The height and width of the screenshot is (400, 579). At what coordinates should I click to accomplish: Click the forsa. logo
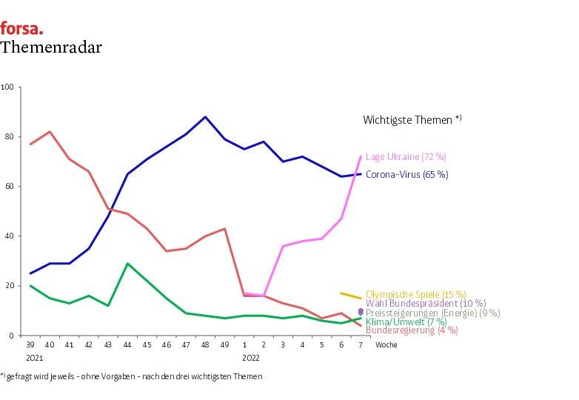pyautogui.click(x=21, y=29)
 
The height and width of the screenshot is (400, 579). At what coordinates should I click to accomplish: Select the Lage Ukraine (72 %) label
pyautogui.click(x=406, y=157)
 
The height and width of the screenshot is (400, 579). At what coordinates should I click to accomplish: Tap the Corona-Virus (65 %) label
pyautogui.click(x=406, y=175)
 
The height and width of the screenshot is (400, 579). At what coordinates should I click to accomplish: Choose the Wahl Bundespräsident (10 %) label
pyautogui.click(x=426, y=304)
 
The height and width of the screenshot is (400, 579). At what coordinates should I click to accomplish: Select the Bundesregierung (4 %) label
pyautogui.click(x=412, y=330)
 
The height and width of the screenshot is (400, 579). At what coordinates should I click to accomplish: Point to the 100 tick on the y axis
pyautogui.click(x=8, y=87)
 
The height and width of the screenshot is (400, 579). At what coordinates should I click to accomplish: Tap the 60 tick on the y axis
pyautogui.click(x=10, y=187)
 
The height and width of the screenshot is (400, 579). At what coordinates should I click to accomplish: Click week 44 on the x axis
pyautogui.click(x=127, y=345)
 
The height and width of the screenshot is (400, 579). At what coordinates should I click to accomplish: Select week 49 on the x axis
pyautogui.click(x=224, y=345)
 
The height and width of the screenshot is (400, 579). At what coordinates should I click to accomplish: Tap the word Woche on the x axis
pyautogui.click(x=386, y=345)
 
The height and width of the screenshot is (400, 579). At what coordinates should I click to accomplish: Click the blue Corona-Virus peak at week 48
pyautogui.click(x=205, y=117)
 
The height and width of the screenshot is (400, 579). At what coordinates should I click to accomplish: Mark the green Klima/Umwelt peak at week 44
pyautogui.click(x=127, y=264)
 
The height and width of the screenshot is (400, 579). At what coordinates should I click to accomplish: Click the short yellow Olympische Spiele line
pyautogui.click(x=350, y=296)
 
